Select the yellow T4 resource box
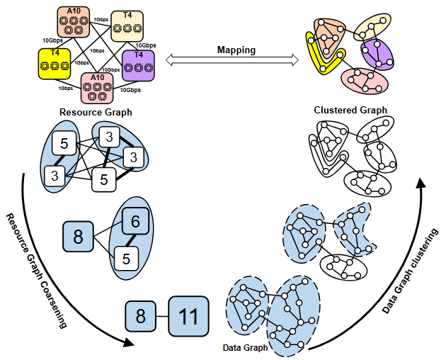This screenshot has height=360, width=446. click(x=54, y=62)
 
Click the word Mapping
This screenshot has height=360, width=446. click(x=236, y=50)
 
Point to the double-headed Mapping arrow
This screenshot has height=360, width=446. click(x=236, y=62)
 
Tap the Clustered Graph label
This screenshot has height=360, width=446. click(x=350, y=110)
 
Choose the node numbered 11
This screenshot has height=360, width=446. click(x=188, y=315)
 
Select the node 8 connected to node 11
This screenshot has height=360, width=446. click(x=141, y=315)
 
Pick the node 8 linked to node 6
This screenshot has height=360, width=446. click(x=78, y=237)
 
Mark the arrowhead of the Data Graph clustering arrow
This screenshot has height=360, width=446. click(x=421, y=182)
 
